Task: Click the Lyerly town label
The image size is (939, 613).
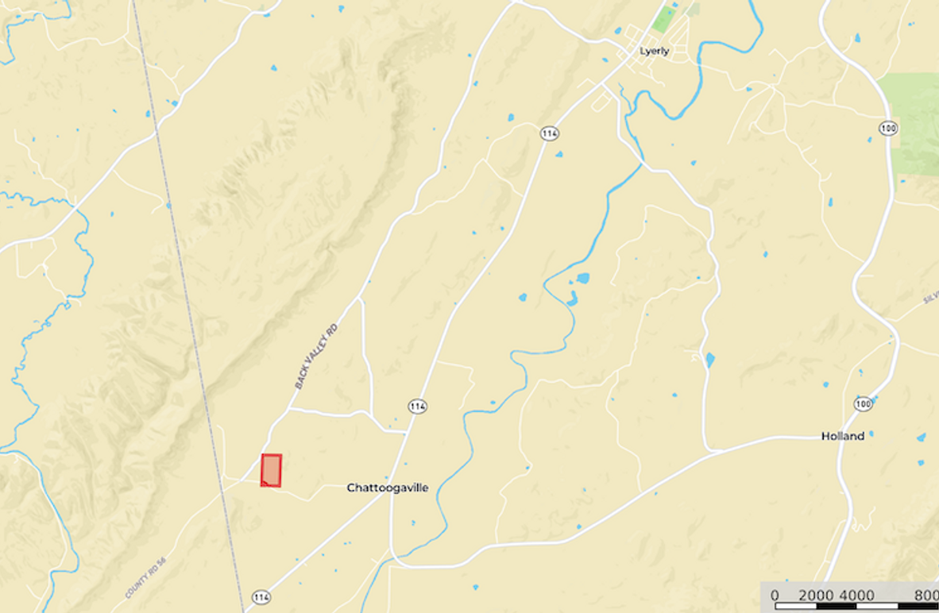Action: pyautogui.click(x=654, y=52)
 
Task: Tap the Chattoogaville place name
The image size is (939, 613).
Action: pyautogui.click(x=387, y=488)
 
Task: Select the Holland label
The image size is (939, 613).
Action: pyautogui.click(x=842, y=436)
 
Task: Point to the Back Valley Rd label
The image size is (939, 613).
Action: pyautogui.click(x=316, y=356)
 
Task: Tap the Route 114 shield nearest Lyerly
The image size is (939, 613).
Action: pyautogui.click(x=549, y=133)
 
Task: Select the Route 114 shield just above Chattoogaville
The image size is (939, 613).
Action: pyautogui.click(x=418, y=407)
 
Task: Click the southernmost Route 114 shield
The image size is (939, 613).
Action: pyautogui.click(x=261, y=596)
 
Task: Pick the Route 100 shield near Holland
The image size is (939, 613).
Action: pyautogui.click(x=864, y=404)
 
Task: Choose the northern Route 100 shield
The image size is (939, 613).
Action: pyautogui.click(x=888, y=128)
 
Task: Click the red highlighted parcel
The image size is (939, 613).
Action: pyautogui.click(x=271, y=469)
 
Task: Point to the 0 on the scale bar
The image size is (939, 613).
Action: pyautogui.click(x=775, y=596)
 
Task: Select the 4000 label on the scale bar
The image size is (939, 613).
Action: pyautogui.click(x=856, y=596)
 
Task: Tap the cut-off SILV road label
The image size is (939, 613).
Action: pyautogui.click(x=930, y=297)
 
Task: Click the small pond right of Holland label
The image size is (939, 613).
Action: pyautogui.click(x=871, y=434)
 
